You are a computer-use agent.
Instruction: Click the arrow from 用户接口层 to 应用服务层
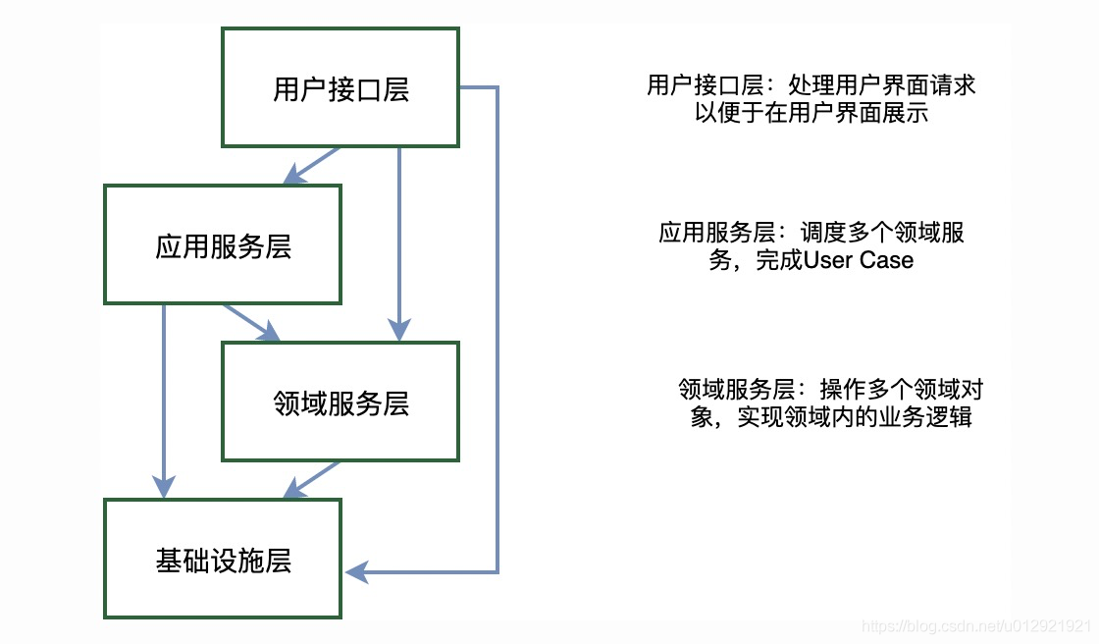(312, 165)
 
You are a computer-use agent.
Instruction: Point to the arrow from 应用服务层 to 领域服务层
(251, 323)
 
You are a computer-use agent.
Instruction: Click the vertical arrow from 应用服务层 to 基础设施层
(164, 402)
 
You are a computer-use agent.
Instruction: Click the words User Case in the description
(859, 260)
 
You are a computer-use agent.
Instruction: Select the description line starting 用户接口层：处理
(811, 85)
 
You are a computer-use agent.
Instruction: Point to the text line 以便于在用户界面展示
(811, 113)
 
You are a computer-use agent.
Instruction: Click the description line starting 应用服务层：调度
(811, 234)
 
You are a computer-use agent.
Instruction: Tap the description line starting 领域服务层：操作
(830, 389)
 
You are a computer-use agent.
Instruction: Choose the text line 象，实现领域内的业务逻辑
(830, 416)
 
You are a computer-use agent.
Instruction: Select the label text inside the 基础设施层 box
(223, 561)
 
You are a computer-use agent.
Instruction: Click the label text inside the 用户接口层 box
(340, 89)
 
